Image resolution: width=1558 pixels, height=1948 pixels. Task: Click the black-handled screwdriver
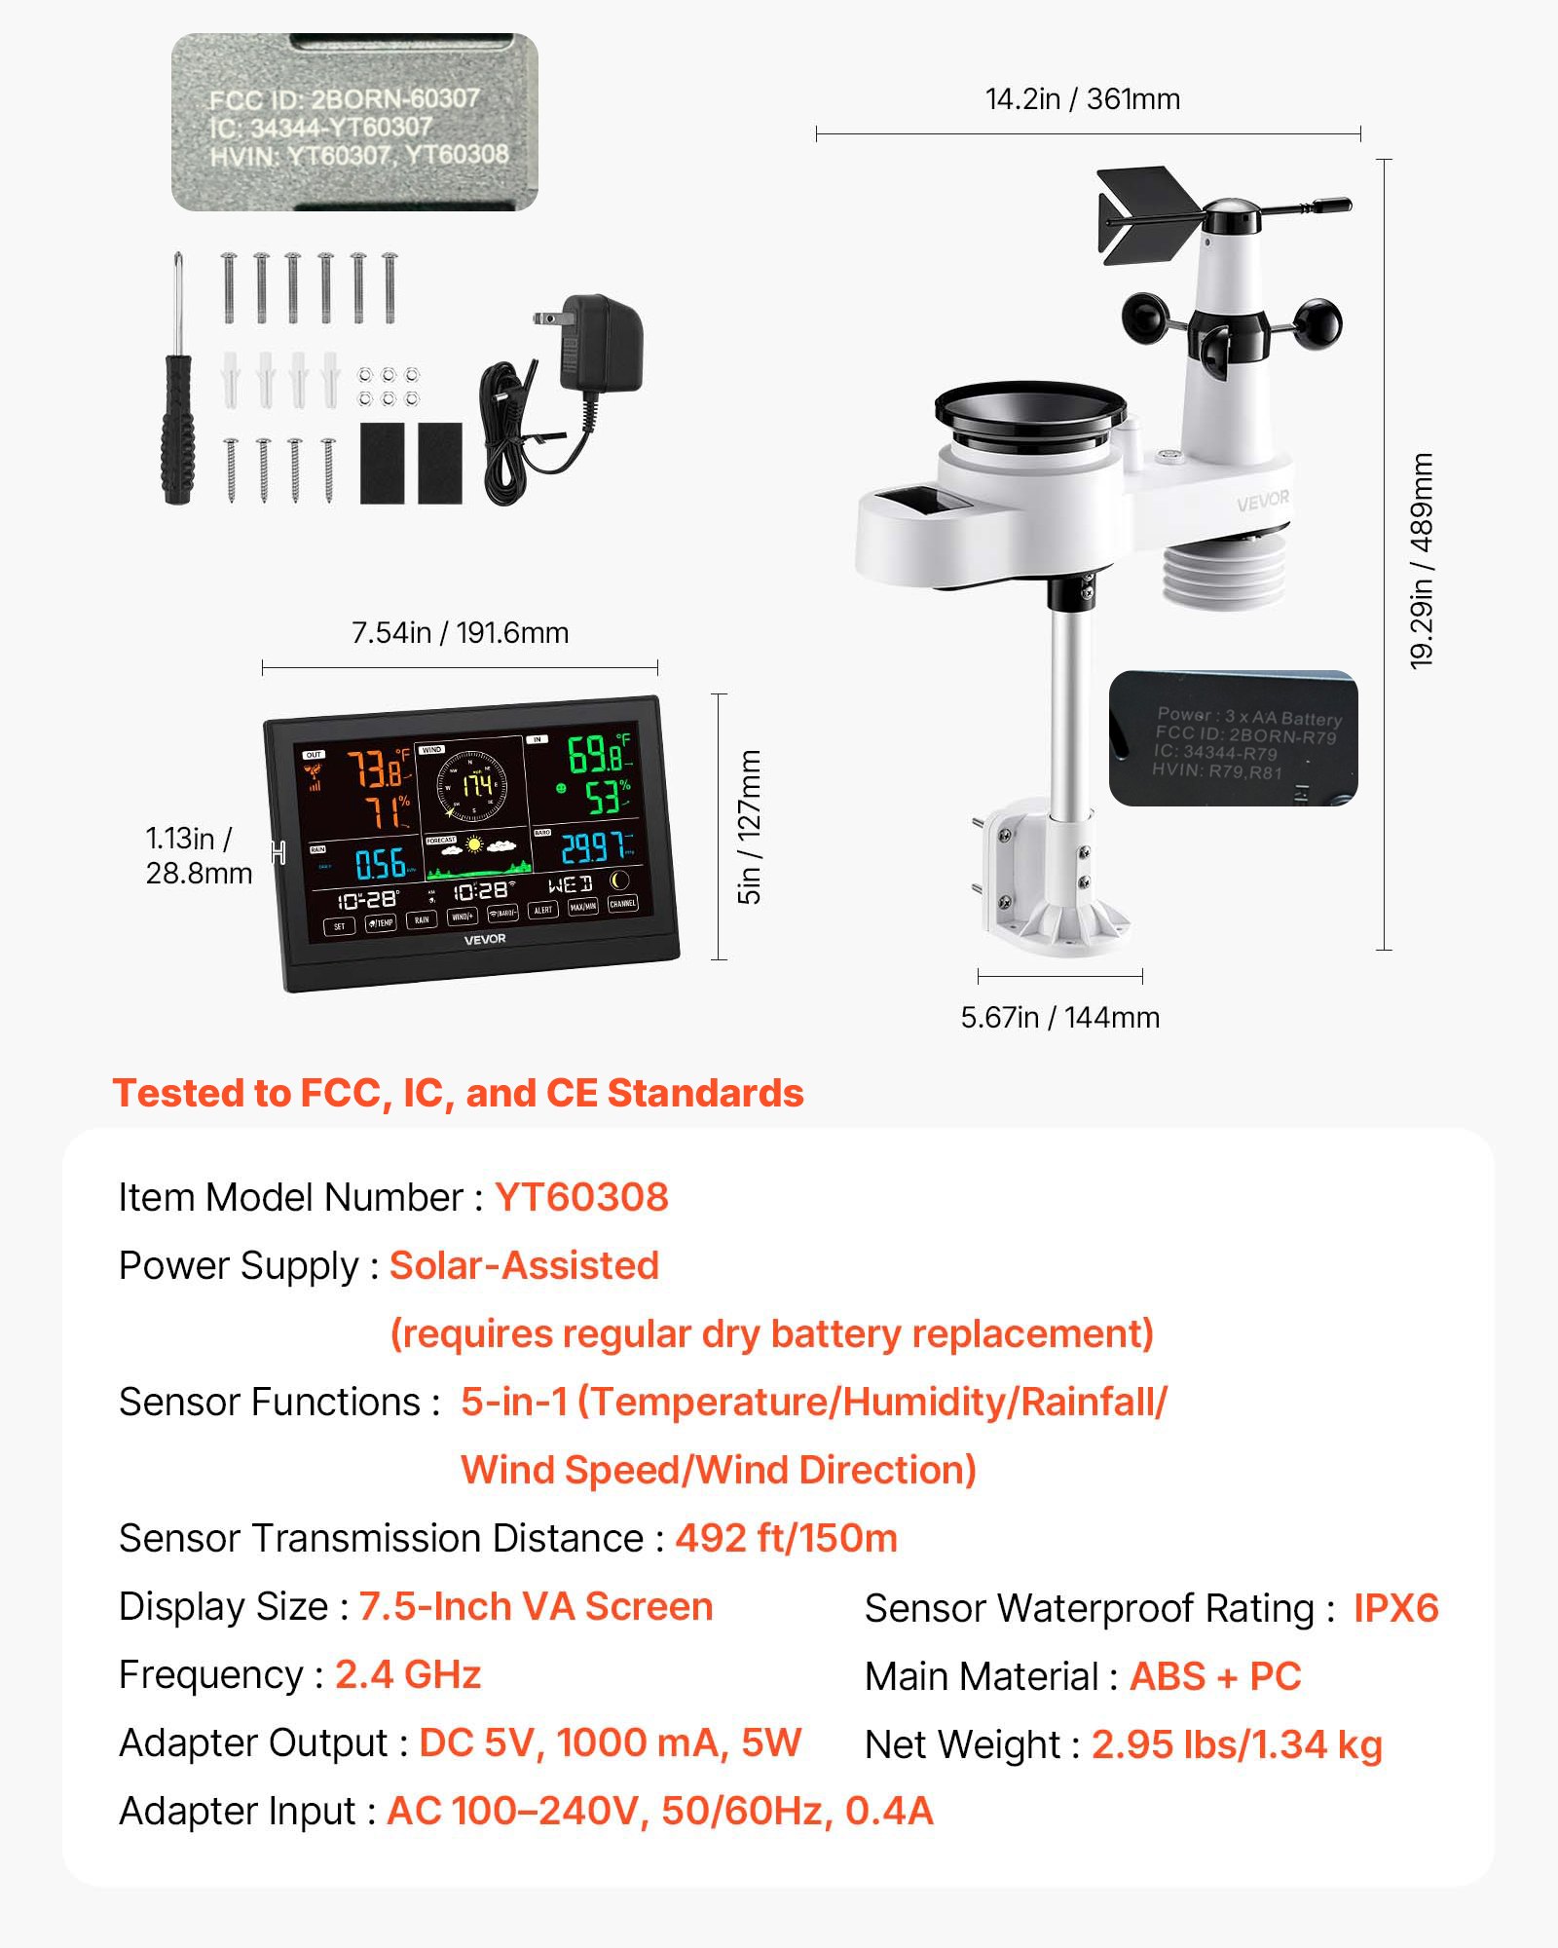coord(177,409)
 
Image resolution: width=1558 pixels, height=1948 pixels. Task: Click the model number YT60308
coord(581,1197)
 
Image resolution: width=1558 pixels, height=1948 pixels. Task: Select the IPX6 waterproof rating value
coord(1395,1608)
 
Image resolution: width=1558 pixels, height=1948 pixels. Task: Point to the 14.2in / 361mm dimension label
coord(1082,99)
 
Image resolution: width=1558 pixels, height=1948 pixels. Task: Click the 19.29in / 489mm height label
coord(1422,560)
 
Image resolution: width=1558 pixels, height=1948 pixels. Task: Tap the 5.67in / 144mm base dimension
coord(1059,1018)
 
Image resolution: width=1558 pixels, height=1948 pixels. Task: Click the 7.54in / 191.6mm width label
coord(460,633)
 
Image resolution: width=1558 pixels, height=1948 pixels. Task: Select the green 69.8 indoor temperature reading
coord(596,755)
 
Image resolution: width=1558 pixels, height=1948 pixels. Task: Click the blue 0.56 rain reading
coord(381,864)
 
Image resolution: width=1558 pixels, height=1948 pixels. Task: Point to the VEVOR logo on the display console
coord(484,939)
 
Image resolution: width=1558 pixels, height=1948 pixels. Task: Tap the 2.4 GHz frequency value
coord(408,1675)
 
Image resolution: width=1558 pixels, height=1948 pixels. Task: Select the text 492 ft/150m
coord(786,1539)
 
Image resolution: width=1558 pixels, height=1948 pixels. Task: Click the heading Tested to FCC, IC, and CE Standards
coord(458,1093)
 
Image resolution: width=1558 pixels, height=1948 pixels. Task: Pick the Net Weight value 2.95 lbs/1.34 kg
coord(1236,1744)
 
